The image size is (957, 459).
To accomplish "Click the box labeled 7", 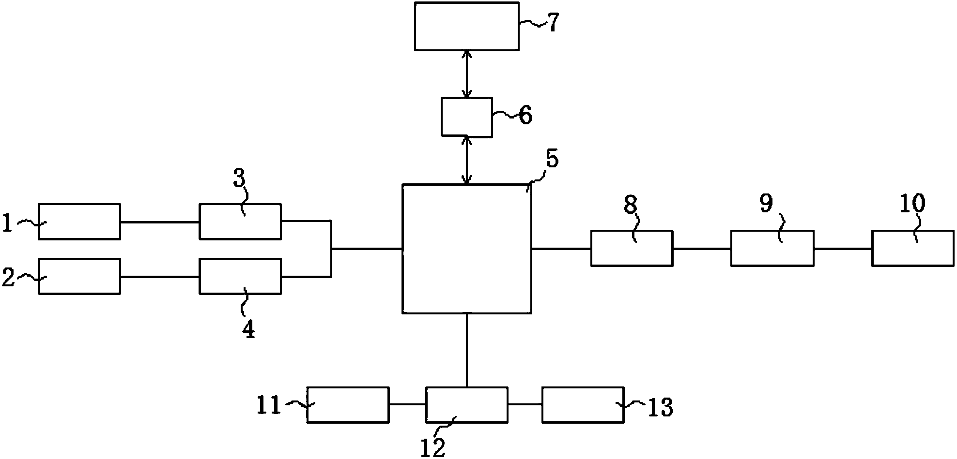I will [x=467, y=26].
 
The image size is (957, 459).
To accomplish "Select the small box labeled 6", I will [x=467, y=117].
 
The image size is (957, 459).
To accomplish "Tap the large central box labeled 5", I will [x=467, y=248].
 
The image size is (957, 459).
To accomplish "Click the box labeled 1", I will [x=79, y=222].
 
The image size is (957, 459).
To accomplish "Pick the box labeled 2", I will [x=79, y=276].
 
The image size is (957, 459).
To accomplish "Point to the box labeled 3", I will [x=240, y=222].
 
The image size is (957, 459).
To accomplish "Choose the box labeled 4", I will [x=240, y=276].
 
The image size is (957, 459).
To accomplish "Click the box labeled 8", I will [x=632, y=248].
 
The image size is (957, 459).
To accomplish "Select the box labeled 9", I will [x=772, y=248].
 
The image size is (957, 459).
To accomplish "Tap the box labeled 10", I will [x=913, y=248].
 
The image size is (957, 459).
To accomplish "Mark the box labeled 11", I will [x=348, y=405].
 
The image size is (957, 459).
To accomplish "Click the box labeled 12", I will [x=467, y=405].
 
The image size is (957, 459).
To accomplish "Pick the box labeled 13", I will [x=583, y=405].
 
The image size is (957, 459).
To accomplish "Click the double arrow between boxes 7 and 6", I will [x=467, y=74].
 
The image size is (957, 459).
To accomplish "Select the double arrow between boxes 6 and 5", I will [x=467, y=160].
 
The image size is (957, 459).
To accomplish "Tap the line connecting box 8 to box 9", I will [x=702, y=249].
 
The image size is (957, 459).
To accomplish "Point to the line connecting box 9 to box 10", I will [x=843, y=249].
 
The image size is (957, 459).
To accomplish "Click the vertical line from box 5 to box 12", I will [x=467, y=350].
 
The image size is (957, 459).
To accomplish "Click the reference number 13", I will [x=660, y=408].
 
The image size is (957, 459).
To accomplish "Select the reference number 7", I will [x=553, y=23].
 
